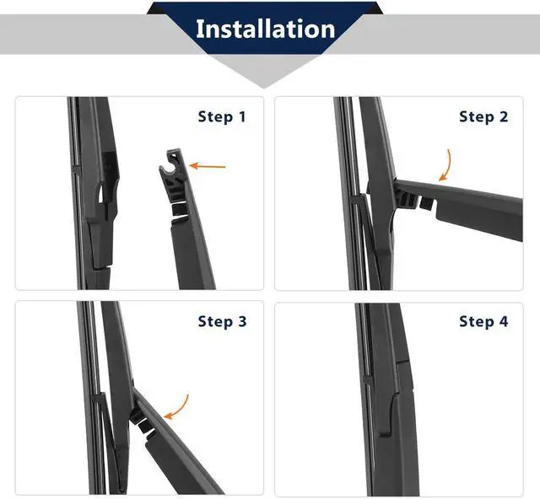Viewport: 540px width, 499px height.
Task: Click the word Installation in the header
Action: click(265, 29)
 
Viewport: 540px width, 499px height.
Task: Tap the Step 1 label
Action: click(222, 117)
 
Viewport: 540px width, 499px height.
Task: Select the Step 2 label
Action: click(483, 117)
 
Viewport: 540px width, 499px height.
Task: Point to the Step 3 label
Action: click(222, 321)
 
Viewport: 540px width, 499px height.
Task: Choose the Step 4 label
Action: click(483, 321)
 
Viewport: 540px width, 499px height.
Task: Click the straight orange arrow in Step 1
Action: click(208, 166)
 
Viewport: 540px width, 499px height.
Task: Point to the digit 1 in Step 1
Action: click(242, 117)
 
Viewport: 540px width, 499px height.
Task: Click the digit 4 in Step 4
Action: click(504, 321)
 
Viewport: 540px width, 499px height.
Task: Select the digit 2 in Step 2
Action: click(504, 117)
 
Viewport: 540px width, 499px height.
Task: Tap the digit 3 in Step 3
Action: click(242, 321)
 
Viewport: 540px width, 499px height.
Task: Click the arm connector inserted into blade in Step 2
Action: click(408, 200)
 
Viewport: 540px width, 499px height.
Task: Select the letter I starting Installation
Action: click(199, 29)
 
